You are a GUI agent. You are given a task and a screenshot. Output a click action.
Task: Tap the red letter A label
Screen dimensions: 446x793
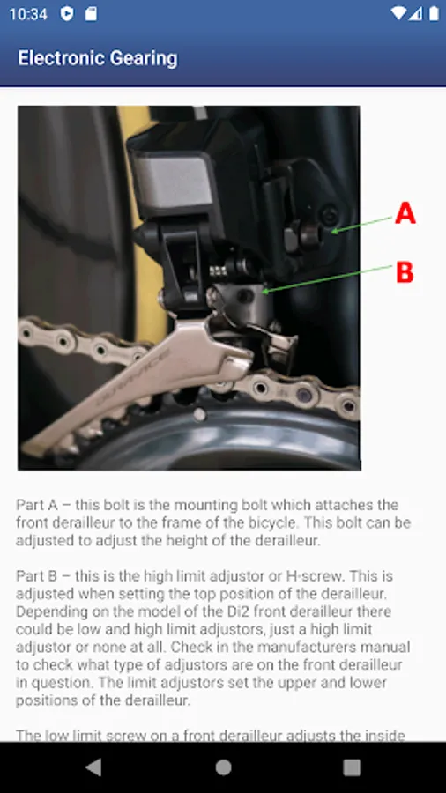405,213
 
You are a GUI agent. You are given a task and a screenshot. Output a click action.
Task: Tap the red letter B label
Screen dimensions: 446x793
405,272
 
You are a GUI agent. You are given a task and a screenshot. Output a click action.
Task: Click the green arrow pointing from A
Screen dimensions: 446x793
361,225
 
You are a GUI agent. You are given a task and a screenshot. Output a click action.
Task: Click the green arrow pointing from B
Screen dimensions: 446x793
327,278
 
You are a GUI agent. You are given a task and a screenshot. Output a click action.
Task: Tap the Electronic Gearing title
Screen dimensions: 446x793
98,58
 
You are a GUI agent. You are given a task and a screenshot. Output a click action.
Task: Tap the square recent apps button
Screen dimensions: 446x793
352,767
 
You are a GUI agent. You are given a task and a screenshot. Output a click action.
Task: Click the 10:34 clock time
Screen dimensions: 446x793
28,13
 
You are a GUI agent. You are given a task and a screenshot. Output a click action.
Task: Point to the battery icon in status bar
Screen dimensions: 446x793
434,13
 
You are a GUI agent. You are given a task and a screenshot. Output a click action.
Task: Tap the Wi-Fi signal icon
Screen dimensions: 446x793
398,13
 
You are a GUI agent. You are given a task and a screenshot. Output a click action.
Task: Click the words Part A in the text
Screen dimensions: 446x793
37,505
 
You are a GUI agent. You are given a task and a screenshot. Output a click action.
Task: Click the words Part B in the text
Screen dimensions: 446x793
37,575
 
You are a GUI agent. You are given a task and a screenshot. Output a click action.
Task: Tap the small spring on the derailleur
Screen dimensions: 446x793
219,271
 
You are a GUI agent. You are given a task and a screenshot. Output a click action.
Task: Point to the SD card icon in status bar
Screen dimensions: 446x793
91,13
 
